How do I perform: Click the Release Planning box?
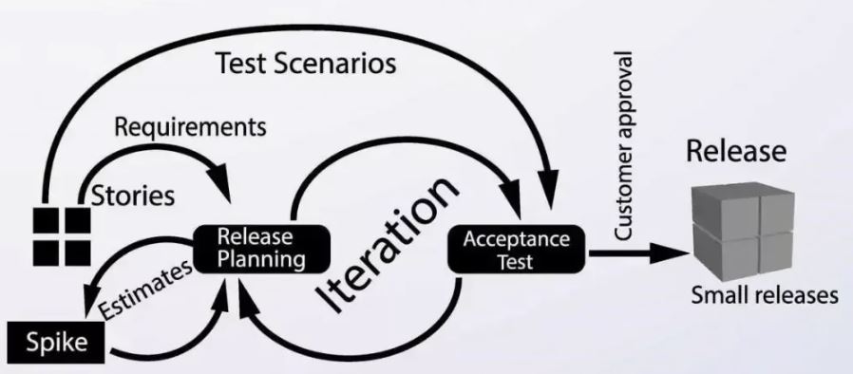pos(262,249)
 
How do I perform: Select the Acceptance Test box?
pos(516,249)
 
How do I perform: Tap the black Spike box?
pos(56,342)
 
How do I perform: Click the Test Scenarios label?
pos(306,63)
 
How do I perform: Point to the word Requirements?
pos(190,127)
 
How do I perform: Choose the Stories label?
pos(133,196)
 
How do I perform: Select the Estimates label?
pos(145,290)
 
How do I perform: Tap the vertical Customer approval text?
pos(623,145)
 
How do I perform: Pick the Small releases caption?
pos(765,295)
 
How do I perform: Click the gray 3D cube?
pos(743,231)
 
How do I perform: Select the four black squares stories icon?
pos(62,237)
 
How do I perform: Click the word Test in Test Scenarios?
pos(241,63)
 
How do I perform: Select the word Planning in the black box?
pos(261,259)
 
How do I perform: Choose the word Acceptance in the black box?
pos(516,238)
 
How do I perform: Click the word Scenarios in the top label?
pos(334,63)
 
